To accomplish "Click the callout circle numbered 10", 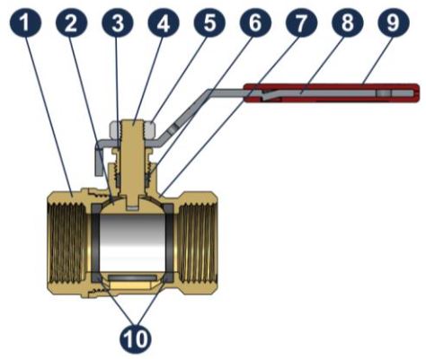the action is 136,338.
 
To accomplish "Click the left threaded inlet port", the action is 67,243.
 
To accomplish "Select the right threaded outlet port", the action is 199,243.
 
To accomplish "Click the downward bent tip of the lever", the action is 99,159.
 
